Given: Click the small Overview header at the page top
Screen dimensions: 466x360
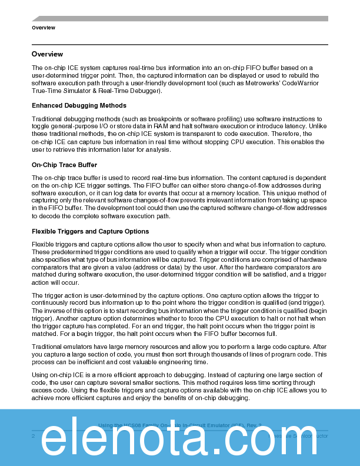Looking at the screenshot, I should (44, 28).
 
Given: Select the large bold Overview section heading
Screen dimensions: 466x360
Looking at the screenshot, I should (48, 54).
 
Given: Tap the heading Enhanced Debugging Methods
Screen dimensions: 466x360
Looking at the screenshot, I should (79, 105).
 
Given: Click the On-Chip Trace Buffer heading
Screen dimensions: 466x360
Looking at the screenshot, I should (65, 165).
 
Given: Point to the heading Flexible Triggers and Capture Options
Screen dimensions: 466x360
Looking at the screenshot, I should (90, 231).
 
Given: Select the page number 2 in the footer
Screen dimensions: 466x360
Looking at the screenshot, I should (34, 436).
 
